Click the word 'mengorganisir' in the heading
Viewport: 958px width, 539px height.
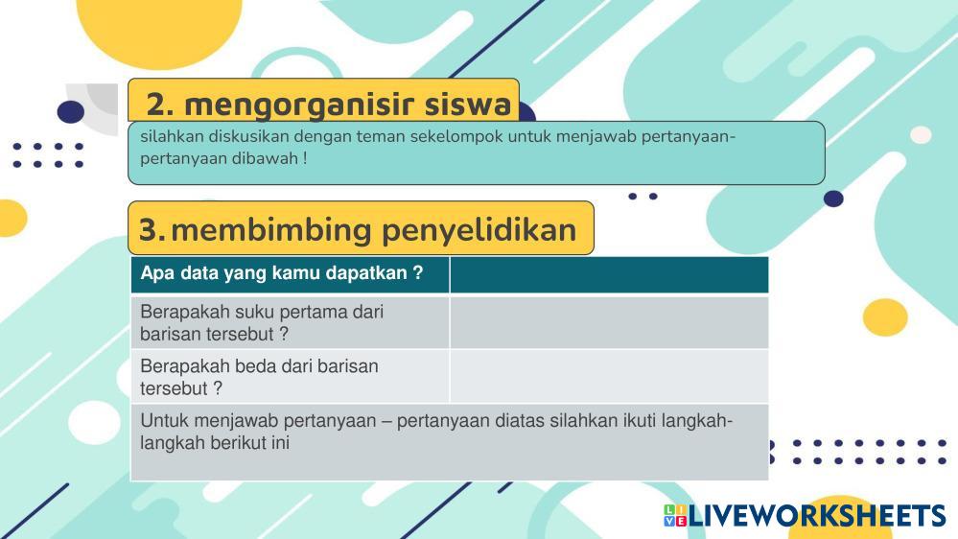coord(299,105)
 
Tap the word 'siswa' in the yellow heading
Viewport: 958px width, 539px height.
coord(468,104)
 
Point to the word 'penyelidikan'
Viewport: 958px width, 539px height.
coord(479,231)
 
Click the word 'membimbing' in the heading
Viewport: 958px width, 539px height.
coord(271,231)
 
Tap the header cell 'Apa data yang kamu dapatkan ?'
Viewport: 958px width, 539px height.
coord(291,274)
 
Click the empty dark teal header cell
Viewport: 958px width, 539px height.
coord(609,274)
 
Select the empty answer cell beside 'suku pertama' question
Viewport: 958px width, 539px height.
coord(609,322)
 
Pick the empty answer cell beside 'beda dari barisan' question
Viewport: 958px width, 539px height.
coord(609,377)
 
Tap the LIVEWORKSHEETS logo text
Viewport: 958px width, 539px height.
coord(817,516)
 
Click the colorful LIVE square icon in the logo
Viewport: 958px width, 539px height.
coord(675,515)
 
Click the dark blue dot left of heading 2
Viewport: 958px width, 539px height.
coord(71,112)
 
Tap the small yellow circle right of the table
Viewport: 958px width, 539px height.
coord(885,317)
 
